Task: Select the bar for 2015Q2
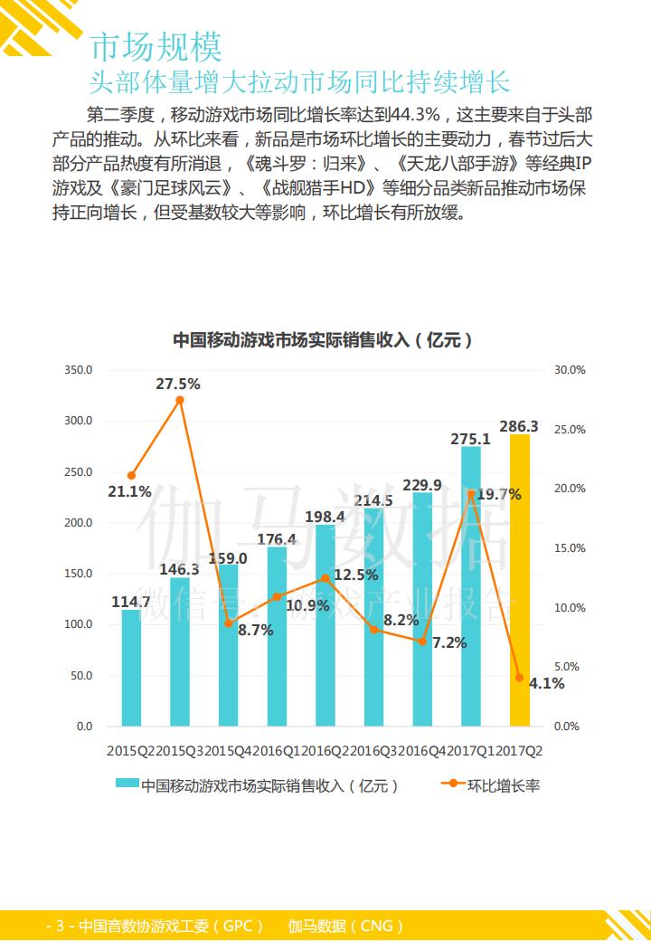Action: click(x=131, y=668)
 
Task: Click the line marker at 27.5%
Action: click(x=180, y=400)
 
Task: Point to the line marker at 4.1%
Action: click(x=519, y=677)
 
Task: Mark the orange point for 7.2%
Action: click(x=422, y=641)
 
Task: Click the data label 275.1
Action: click(x=470, y=439)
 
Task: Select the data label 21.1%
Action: click(x=129, y=492)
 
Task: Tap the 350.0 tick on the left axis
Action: click(x=79, y=370)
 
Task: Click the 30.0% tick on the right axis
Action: click(x=571, y=370)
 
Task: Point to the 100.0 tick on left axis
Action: click(x=79, y=624)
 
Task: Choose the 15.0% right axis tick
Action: click(x=571, y=548)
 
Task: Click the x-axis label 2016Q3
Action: click(x=373, y=751)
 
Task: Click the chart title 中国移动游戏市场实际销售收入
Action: click(x=323, y=340)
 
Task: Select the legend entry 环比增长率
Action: click(x=504, y=785)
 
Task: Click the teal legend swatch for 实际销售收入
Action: click(x=127, y=785)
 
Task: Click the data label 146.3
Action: click(x=179, y=569)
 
